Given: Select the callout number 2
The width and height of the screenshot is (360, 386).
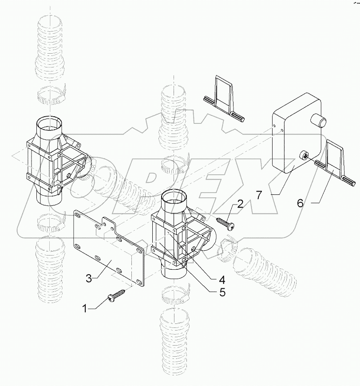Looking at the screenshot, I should point(240,205).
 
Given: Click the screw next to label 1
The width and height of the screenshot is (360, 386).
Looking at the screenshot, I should point(115,294).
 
